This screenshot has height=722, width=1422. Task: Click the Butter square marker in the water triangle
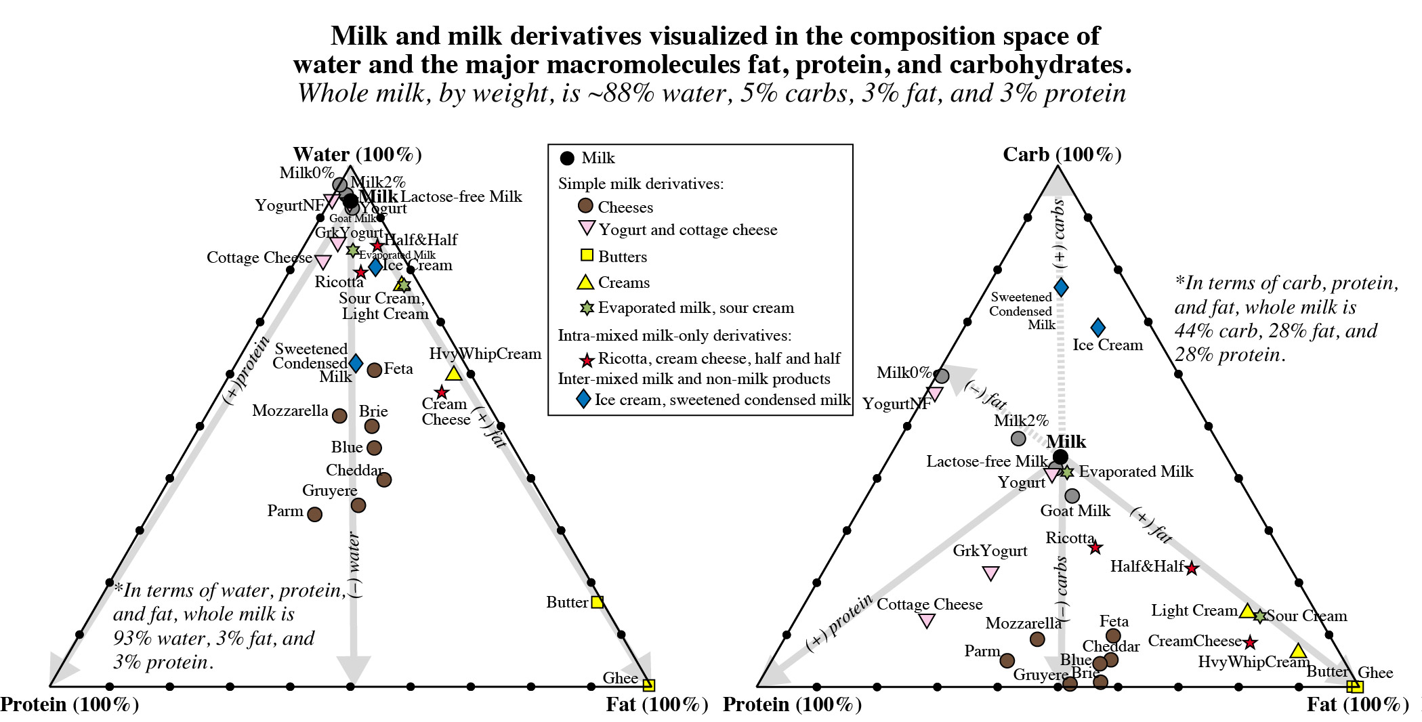point(597,601)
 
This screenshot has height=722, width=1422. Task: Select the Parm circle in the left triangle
point(314,514)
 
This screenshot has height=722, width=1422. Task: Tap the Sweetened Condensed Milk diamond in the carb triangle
point(1061,287)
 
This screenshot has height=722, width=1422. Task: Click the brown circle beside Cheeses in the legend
point(585,206)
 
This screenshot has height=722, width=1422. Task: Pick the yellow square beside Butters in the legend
point(587,255)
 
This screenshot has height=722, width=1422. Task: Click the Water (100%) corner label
point(357,154)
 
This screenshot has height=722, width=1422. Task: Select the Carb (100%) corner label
point(1062,154)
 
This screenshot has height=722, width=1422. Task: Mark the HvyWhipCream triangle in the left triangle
point(453,373)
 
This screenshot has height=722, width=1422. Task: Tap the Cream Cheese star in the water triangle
point(442,392)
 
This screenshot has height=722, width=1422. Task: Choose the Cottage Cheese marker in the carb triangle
point(926,620)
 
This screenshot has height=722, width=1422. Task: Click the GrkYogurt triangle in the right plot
point(990,574)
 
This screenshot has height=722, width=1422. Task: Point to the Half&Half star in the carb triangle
point(1192,569)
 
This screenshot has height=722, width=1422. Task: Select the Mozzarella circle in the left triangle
point(339,416)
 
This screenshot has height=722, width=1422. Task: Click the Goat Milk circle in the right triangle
point(1072,496)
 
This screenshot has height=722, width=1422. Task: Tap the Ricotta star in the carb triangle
point(1095,547)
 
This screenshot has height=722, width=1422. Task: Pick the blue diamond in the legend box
point(583,399)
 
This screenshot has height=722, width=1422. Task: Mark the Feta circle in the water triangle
point(374,370)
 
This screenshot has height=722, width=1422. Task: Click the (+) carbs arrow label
point(1059,234)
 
